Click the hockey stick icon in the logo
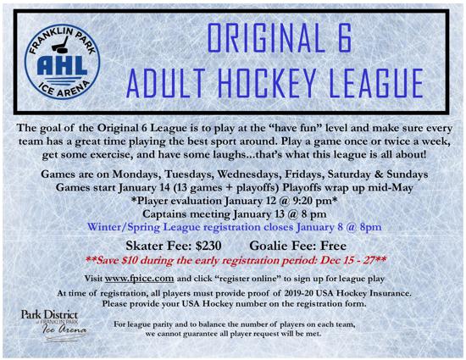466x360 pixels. [60, 46]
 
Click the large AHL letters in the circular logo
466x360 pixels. [62, 65]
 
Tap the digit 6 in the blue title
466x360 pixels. [345, 38]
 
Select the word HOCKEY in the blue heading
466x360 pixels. [266, 83]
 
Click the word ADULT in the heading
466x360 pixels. [165, 83]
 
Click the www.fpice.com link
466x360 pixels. [139, 279]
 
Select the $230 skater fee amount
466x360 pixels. [208, 246]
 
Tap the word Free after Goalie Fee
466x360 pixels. [333, 246]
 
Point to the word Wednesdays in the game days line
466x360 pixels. [249, 174]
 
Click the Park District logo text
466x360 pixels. [49, 315]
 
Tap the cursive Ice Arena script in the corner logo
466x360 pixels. [64, 330]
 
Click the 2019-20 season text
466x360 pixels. [298, 293]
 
